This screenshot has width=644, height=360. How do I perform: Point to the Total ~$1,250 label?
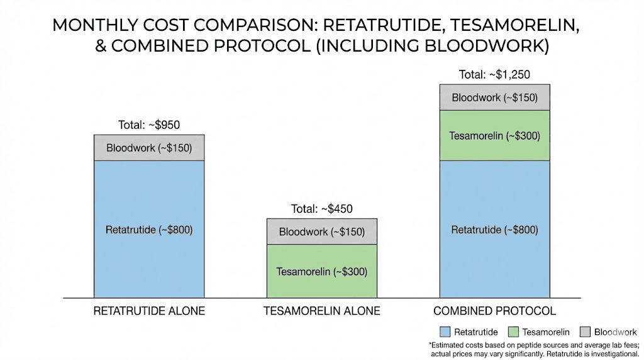coord(494,74)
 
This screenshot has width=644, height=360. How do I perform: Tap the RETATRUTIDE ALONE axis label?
coord(149,311)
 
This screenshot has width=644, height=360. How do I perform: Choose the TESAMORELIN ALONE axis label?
coord(322,311)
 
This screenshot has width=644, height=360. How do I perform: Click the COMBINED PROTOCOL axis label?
coord(494,311)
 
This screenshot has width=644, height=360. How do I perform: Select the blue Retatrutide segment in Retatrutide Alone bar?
coord(149,229)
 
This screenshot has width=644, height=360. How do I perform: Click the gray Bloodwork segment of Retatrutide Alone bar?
coord(149,149)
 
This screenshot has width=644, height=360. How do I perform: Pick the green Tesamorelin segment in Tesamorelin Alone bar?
coord(322,271)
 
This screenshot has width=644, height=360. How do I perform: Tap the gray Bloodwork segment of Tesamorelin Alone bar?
coord(322,232)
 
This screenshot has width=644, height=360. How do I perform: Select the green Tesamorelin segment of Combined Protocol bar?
coord(494,135)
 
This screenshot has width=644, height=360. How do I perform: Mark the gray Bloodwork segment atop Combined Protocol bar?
coord(494,98)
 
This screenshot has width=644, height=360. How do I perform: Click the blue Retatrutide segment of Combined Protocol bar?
coord(494,229)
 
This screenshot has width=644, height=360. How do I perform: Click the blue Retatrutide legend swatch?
coord(444,332)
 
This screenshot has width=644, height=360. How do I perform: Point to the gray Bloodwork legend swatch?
coord(585,332)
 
